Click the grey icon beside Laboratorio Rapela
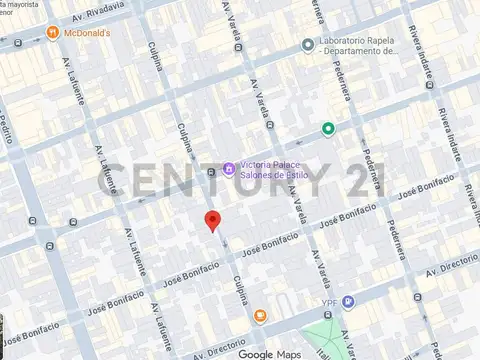(x=308, y=44)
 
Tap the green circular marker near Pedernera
(x=327, y=128)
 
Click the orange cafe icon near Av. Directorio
(x=259, y=317)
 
